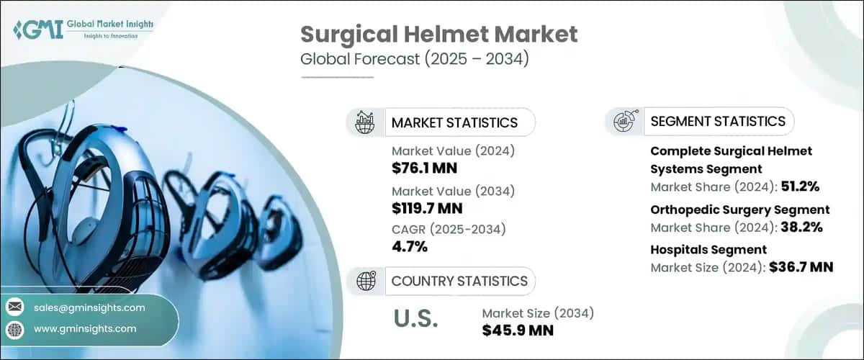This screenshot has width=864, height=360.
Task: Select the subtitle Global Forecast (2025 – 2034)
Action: click(x=414, y=59)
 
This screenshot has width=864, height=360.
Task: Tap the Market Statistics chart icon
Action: click(x=365, y=122)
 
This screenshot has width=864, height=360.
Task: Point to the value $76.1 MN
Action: click(x=425, y=168)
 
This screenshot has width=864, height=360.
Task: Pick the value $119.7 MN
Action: click(x=427, y=209)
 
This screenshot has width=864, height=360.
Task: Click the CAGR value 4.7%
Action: click(x=410, y=247)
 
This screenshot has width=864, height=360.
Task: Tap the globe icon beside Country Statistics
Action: click(x=365, y=281)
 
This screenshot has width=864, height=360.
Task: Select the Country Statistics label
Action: click(x=459, y=281)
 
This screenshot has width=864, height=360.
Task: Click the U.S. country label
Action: click(x=415, y=320)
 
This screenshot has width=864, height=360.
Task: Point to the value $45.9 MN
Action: click(x=518, y=330)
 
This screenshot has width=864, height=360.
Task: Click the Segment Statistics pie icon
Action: click(x=624, y=122)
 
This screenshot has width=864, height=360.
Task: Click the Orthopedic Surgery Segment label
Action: click(x=739, y=210)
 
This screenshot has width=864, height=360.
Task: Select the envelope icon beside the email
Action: click(x=15, y=307)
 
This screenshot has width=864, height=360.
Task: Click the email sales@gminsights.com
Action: click(x=89, y=307)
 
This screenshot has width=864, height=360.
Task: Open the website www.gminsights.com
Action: click(x=84, y=328)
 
